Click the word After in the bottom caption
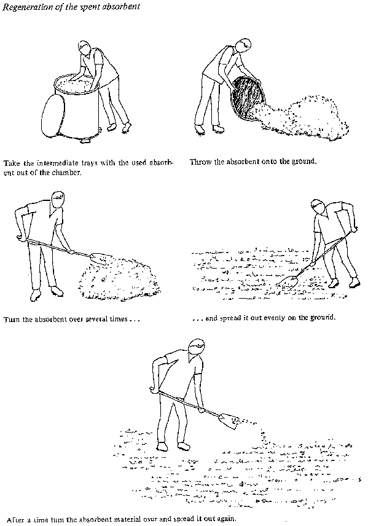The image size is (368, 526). coord(15,519)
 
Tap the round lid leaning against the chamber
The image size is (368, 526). coord(53,115)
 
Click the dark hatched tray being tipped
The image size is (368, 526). coord(247,98)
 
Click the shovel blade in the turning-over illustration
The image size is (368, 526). coord(98,258)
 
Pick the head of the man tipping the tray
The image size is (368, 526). coord(243,45)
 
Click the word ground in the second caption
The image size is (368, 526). coord(303,162)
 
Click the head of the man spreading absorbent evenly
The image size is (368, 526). coord(318,207)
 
